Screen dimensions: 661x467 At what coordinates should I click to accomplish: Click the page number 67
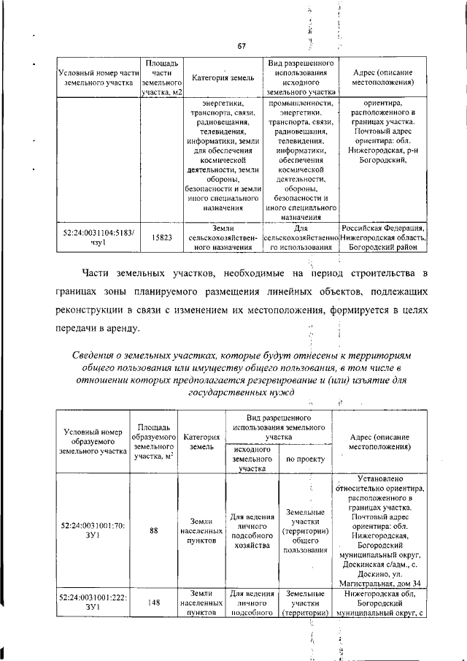[242, 47]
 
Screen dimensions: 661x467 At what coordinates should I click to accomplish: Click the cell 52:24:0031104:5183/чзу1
[95, 237]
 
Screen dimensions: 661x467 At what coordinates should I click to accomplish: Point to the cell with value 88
[154, 531]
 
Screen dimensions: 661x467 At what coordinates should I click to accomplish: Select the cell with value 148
[154, 603]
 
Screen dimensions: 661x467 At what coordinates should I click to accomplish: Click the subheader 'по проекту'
[305, 459]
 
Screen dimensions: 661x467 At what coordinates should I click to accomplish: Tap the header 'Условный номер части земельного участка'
[95, 77]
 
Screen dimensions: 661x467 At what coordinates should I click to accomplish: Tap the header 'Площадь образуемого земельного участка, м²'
[154, 441]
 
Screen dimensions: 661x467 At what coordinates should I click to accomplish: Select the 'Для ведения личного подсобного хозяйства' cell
[252, 531]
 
